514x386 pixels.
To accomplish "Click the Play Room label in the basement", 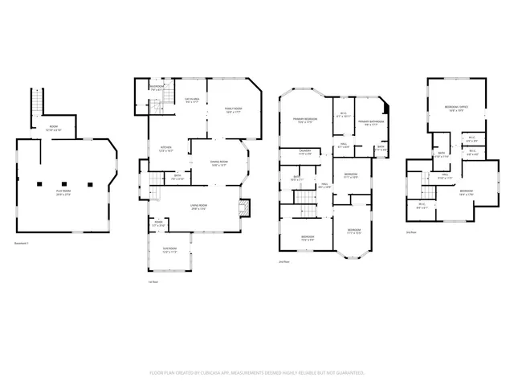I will point(63,192).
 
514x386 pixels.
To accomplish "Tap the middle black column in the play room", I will point(63,183).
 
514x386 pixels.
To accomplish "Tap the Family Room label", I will point(234,109).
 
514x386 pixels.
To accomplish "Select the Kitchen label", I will point(166,148).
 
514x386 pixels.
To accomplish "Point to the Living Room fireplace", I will point(246,209).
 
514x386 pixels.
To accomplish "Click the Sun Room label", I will point(169,250).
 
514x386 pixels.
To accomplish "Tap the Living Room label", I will point(200,207).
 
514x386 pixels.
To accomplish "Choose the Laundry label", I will point(305,151).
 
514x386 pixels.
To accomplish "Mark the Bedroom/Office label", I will point(457,107).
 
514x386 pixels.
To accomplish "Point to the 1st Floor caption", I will point(153,282).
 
